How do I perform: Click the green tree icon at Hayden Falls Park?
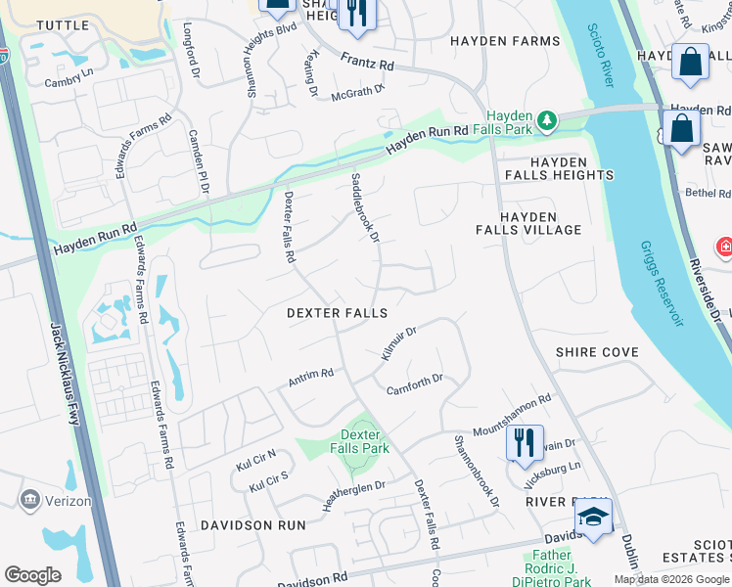[548, 120]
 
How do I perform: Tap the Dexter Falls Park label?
[364, 441]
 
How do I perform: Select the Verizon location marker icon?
[29, 500]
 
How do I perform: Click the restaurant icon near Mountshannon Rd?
[525, 441]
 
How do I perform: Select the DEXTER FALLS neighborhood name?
[337, 313]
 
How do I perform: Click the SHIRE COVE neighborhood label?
[597, 352]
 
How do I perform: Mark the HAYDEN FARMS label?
[505, 41]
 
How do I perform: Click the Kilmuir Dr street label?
[398, 343]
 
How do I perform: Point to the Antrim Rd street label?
[311, 377]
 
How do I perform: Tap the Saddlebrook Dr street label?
[364, 207]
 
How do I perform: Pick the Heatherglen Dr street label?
[353, 493]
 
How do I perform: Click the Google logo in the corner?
[32, 574]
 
